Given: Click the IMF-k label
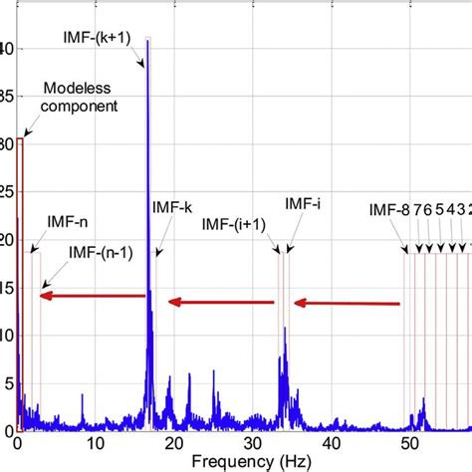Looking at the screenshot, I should point(172,207).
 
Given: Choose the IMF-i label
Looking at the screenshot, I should point(303,203).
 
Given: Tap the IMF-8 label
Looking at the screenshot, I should point(387,210).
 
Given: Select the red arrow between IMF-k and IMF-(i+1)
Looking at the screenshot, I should point(221,302).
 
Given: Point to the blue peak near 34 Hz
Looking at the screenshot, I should point(285,330).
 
